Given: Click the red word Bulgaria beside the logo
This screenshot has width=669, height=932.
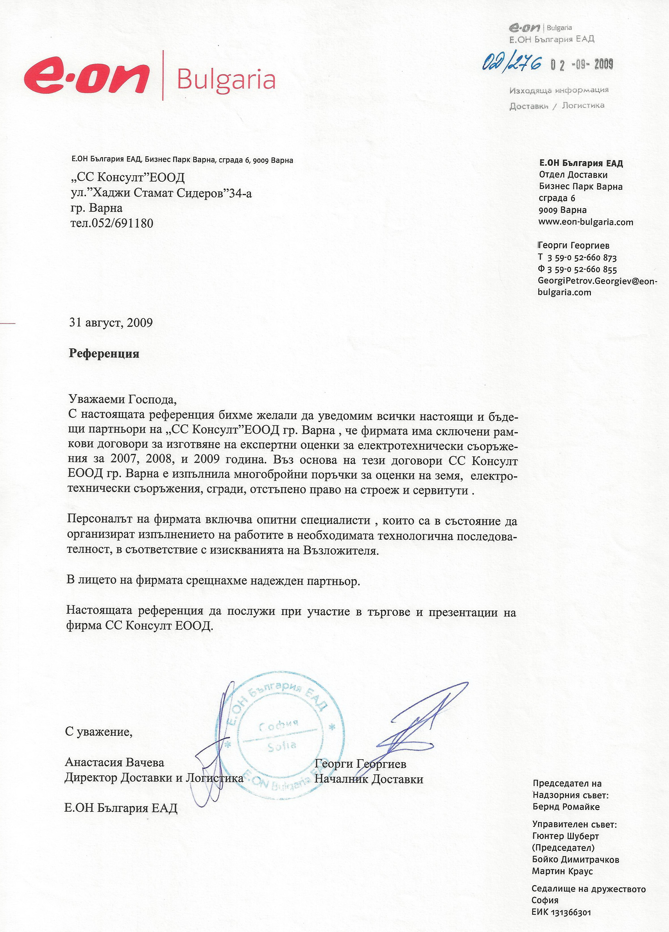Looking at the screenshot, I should (x=226, y=79).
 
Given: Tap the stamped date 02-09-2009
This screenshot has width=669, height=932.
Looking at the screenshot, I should (x=582, y=65).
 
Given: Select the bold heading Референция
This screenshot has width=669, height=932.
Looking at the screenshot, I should (x=104, y=354).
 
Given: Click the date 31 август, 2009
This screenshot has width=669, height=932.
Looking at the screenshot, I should (x=111, y=323).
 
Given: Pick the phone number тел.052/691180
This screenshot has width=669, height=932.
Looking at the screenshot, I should (x=112, y=223).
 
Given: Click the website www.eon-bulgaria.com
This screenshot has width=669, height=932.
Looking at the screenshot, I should (x=586, y=222).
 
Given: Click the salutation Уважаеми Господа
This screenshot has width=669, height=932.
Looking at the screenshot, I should (x=122, y=399).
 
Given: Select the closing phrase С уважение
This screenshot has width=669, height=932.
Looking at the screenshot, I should (x=98, y=732).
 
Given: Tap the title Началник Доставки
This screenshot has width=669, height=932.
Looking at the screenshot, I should (x=368, y=779).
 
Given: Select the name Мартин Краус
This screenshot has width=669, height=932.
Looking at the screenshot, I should (x=562, y=871).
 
